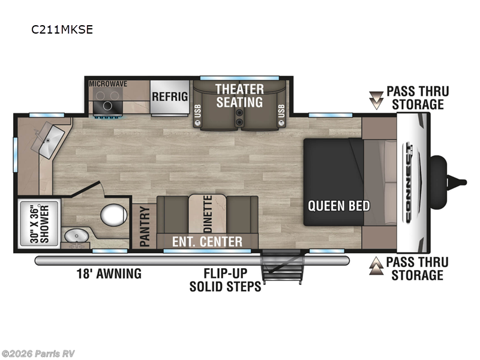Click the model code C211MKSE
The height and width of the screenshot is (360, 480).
click(x=62, y=29)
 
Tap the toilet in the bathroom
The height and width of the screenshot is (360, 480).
click(x=113, y=215)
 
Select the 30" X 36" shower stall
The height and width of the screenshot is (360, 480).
click(x=39, y=223)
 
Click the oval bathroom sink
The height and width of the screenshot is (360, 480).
click(x=76, y=236)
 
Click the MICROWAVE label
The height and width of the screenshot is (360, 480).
click(x=108, y=84)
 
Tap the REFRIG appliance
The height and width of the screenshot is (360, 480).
click(x=170, y=98)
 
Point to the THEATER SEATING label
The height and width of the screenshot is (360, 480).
click(x=239, y=96)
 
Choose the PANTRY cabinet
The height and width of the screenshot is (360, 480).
click(x=144, y=226)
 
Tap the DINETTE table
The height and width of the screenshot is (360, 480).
click(x=207, y=214)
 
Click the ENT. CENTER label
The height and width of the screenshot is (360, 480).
click(x=207, y=242)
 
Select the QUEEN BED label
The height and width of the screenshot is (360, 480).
click(x=339, y=206)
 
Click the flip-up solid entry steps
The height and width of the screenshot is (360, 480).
click(x=282, y=267)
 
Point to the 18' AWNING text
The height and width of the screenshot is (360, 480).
click(x=109, y=274)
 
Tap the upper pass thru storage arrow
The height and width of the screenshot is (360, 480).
click(x=376, y=100)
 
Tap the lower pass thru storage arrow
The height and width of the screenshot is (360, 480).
click(x=376, y=266)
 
